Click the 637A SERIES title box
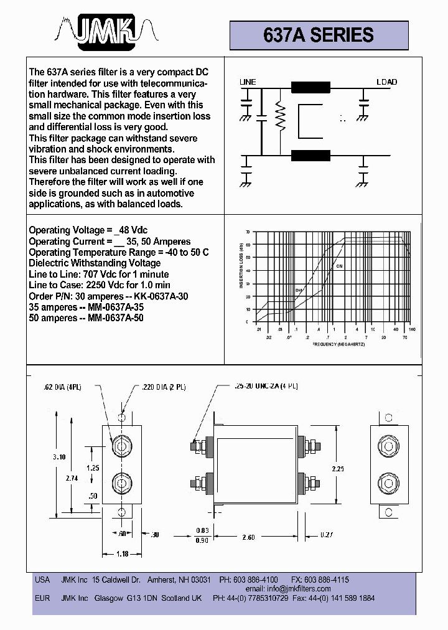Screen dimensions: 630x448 319,35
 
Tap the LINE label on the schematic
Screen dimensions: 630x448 248,82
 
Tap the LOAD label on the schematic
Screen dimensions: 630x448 386,82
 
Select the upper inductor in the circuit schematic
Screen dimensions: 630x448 311,88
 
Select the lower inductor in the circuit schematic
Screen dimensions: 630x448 311,154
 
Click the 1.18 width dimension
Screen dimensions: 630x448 122,553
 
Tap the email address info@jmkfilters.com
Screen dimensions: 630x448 297,589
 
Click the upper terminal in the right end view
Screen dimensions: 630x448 389,446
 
